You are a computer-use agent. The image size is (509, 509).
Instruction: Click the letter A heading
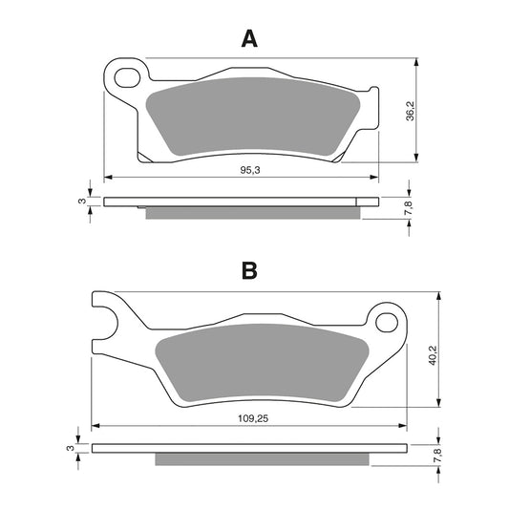pos(249,38)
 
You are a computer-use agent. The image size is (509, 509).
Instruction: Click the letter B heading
pos(249,270)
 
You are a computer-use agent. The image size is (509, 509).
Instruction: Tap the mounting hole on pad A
pos(123,75)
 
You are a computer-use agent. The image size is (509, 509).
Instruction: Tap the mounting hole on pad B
pos(387,317)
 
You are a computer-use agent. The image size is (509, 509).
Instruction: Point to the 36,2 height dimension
pos(435,111)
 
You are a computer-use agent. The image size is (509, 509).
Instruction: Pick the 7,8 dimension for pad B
pos(435,455)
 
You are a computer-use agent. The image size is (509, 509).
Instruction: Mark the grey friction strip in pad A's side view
pos(253,212)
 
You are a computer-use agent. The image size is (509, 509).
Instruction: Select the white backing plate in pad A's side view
pos(239,201)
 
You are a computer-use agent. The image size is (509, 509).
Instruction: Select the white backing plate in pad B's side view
pos(248,447)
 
